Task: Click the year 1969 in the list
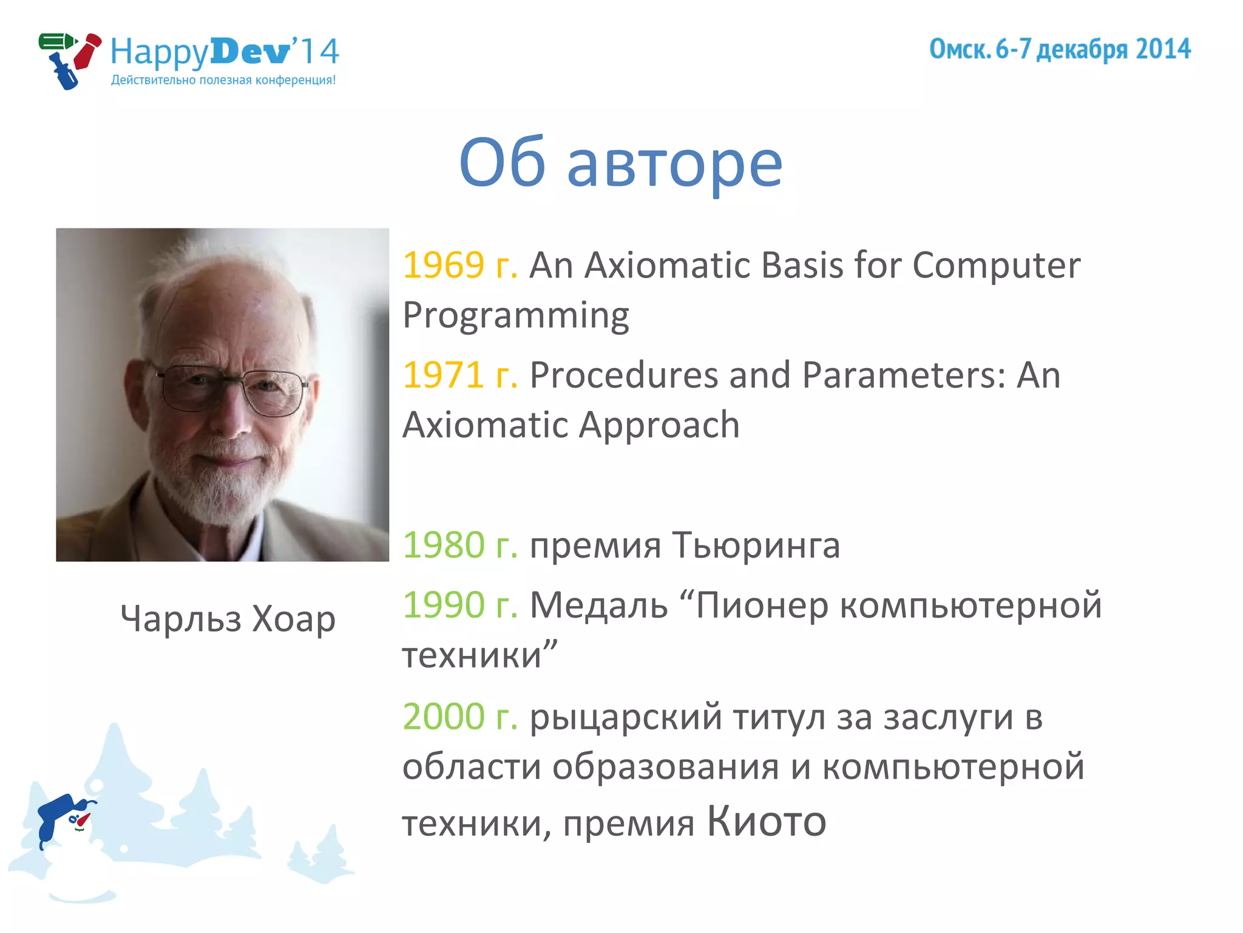point(443,265)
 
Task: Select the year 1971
point(443,375)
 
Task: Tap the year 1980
point(443,545)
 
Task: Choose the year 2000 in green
point(443,716)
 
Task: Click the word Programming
point(516,316)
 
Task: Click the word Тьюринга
point(756,545)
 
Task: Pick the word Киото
point(766,821)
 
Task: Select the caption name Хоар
point(293,619)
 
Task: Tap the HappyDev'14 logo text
point(225,52)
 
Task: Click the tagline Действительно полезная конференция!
point(223,80)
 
